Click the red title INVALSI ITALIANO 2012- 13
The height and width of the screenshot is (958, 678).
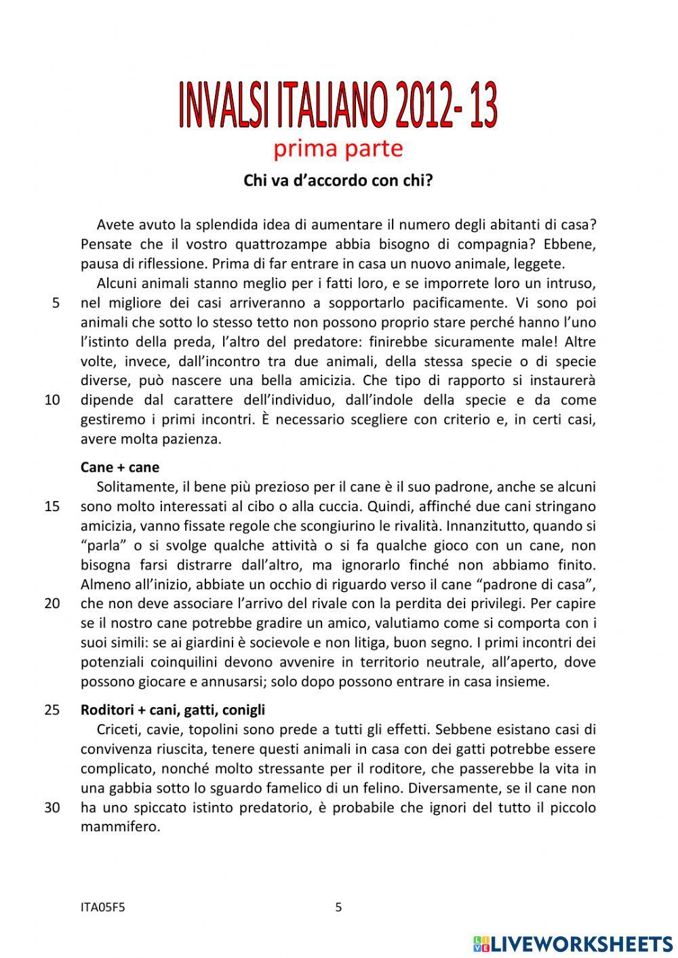[338, 105]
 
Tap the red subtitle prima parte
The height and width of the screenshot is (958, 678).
[338, 148]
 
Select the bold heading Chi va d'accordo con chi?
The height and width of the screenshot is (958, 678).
[338, 181]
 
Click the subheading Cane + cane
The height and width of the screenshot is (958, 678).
[120, 467]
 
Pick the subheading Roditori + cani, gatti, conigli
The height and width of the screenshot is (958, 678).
[173, 710]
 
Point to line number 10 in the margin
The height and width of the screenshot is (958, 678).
[52, 400]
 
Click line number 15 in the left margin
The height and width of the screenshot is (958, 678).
[52, 506]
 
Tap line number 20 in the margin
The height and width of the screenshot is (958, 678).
[52, 603]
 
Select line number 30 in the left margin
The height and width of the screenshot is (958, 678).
[52, 807]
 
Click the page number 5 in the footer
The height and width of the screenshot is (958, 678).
[339, 907]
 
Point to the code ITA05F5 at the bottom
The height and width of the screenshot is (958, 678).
[102, 907]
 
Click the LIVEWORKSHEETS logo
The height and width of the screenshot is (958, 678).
[573, 943]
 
